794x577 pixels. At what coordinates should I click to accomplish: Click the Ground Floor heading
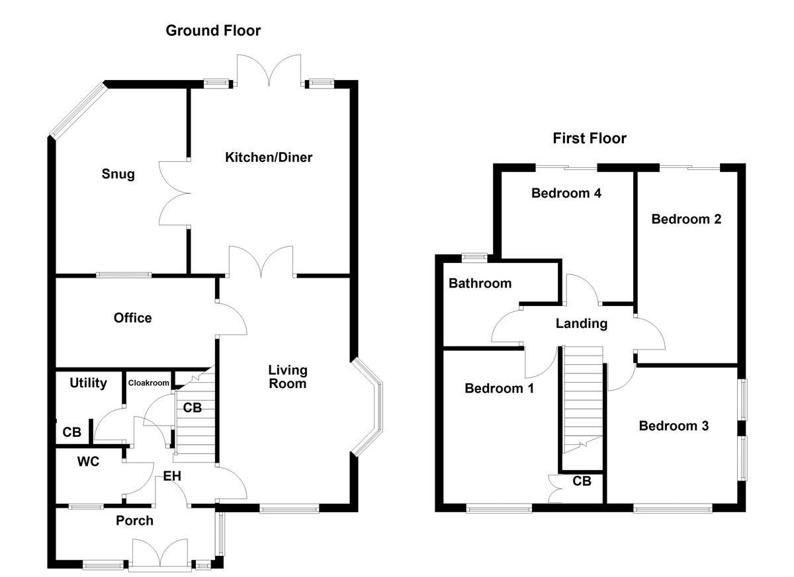pos(213,30)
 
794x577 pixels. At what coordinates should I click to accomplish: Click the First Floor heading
pos(590,138)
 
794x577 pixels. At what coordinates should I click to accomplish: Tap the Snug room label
pos(118,174)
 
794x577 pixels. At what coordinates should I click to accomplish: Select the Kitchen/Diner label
pos(269,157)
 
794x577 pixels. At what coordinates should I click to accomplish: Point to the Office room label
pos(132,318)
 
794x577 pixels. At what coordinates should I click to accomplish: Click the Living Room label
pos(287,377)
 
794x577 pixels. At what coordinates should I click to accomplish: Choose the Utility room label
pos(88,383)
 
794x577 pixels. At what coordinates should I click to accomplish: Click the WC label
pos(88,461)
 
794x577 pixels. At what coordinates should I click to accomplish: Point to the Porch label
pos(134,521)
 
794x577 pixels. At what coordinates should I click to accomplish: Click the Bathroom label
pos(480,284)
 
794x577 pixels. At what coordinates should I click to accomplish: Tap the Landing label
pos(581,324)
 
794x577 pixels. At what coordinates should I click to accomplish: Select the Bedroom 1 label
pos(499,388)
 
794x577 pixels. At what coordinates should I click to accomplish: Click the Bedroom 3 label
pos(674,426)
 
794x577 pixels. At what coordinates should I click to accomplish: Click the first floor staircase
pos(583,397)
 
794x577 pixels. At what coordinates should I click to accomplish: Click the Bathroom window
pos(474,256)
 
